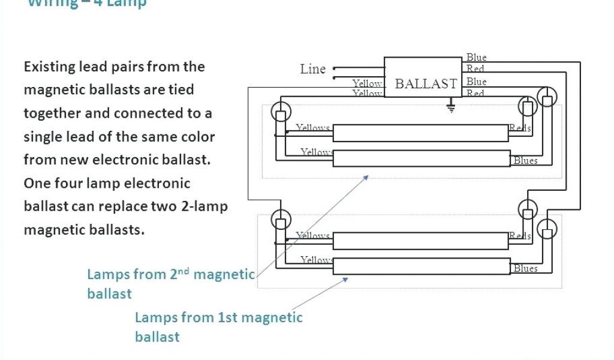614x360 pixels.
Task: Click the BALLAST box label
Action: click(x=426, y=84)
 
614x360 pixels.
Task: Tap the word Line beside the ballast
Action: click(x=312, y=69)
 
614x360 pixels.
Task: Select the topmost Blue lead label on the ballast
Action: click(x=477, y=58)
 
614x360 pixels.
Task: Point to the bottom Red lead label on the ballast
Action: click(x=475, y=94)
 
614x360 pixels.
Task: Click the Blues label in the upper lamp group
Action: click(x=525, y=160)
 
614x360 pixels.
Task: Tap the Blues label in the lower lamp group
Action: click(x=525, y=268)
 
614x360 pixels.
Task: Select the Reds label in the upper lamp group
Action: click(x=520, y=128)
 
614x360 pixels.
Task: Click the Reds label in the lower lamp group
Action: click(x=520, y=236)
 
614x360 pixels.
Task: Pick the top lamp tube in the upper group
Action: click(x=420, y=133)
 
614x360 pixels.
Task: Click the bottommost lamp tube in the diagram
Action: click(x=420, y=266)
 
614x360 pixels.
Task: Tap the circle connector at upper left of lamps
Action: click(x=281, y=111)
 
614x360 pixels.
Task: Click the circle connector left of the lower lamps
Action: click(x=281, y=218)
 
